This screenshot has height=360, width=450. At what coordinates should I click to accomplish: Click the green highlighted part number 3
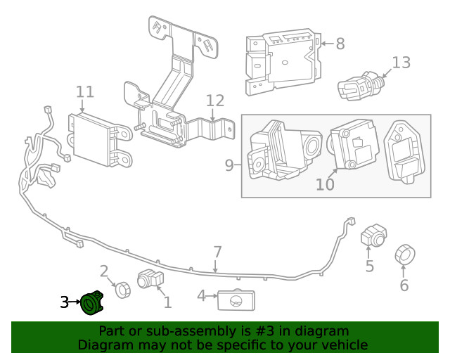91,304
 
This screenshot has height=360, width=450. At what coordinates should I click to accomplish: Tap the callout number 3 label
64,303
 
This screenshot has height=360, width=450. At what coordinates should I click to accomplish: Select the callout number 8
340,44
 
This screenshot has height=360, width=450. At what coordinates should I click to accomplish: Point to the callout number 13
400,63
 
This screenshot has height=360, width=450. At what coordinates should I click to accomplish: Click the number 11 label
84,91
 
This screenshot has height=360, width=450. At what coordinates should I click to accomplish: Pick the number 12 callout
215,101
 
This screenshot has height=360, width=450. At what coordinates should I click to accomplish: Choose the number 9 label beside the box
229,166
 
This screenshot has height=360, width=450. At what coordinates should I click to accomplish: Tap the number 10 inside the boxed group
324,184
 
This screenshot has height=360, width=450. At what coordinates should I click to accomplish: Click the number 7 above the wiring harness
217,252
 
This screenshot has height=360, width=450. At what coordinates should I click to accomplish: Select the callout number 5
370,267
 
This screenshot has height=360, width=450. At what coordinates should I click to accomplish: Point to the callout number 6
404,285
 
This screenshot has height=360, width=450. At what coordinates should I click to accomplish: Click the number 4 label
201,296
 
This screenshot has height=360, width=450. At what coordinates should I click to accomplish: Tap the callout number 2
104,271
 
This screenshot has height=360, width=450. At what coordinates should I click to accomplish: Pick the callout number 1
167,303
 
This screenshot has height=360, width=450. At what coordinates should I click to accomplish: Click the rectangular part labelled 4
235,300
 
